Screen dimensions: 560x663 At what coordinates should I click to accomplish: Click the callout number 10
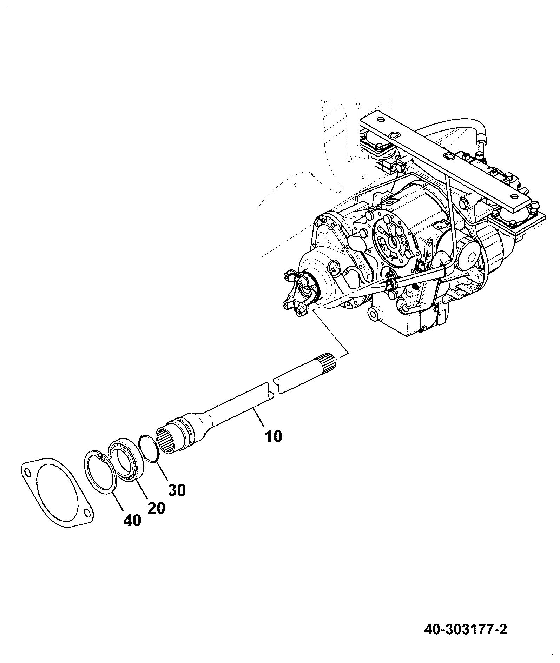pyautogui.click(x=274, y=437)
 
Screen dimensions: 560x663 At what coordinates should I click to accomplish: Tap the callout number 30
pyautogui.click(x=177, y=490)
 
